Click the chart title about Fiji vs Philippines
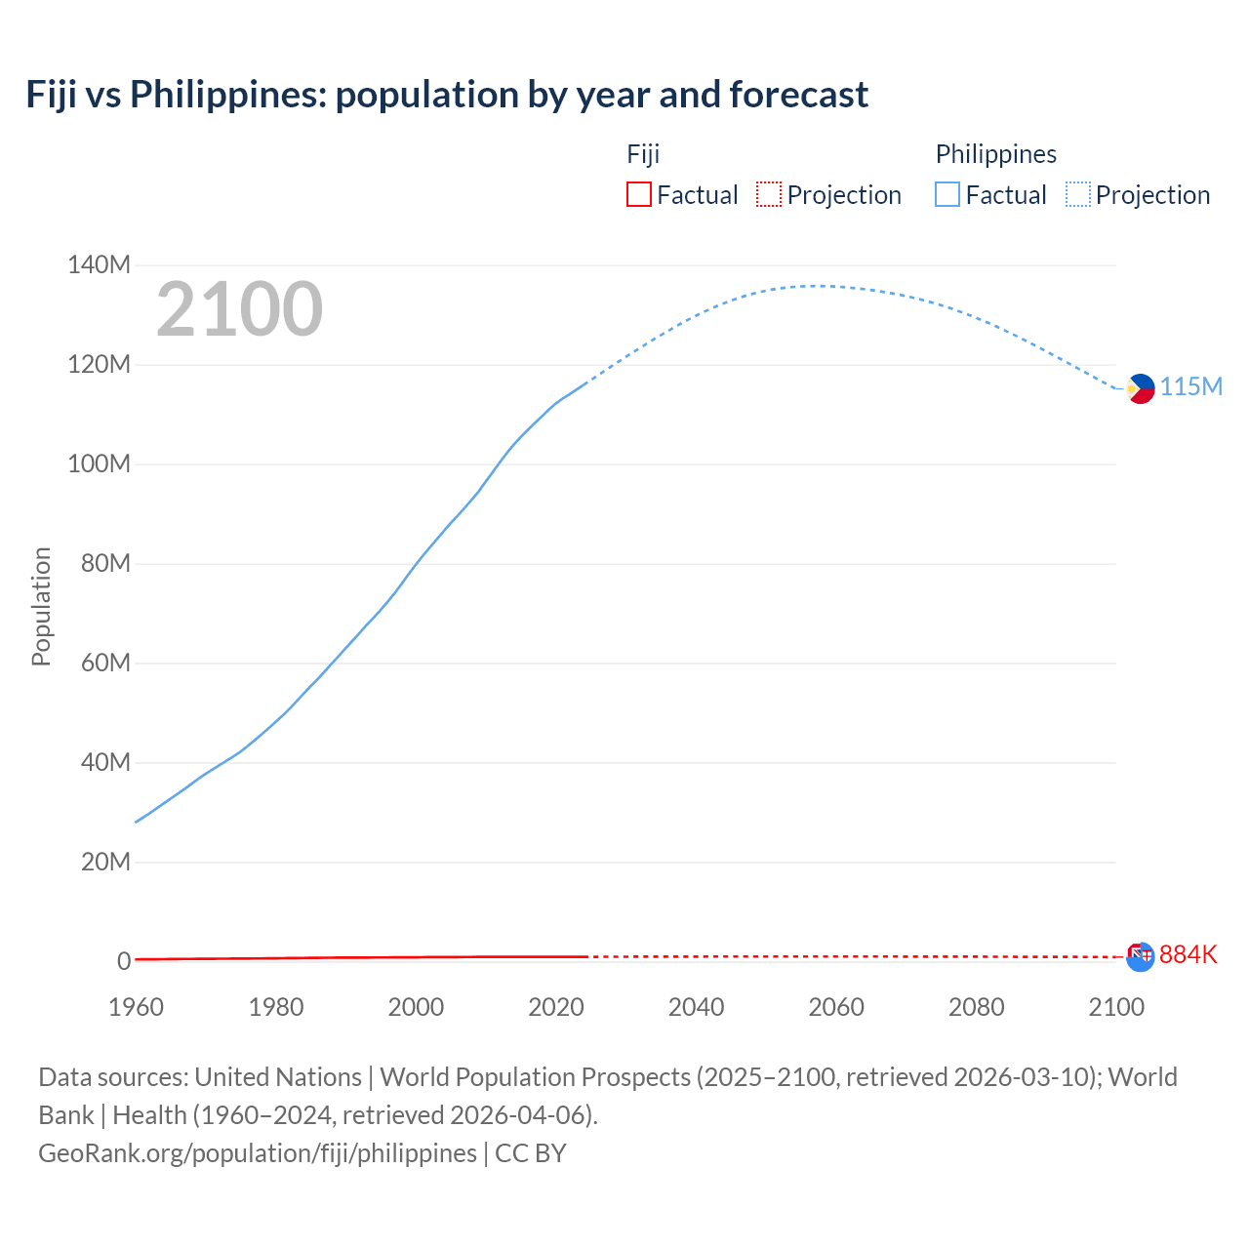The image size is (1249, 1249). click(x=447, y=95)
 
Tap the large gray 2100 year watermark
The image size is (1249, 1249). click(x=239, y=309)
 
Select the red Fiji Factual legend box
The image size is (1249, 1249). click(x=638, y=194)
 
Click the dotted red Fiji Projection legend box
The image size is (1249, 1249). click(x=769, y=194)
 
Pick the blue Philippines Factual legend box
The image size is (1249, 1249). click(x=947, y=194)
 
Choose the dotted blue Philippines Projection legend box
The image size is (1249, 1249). click(x=1077, y=194)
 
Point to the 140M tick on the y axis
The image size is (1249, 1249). click(x=99, y=264)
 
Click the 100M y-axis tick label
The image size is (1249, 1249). click(x=99, y=463)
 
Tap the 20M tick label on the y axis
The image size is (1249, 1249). click(x=105, y=862)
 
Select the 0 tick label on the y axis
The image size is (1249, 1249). click(x=124, y=961)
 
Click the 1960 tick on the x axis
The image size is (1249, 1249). click(x=136, y=1007)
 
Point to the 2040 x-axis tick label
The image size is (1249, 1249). click(x=696, y=1007)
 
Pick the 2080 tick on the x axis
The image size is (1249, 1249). click(x=976, y=1007)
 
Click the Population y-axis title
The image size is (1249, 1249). click(x=41, y=606)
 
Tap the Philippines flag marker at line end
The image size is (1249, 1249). click(x=1140, y=388)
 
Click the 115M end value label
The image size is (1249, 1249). click(x=1190, y=387)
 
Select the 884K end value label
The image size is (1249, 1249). click(x=1188, y=954)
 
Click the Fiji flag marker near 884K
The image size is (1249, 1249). click(x=1140, y=956)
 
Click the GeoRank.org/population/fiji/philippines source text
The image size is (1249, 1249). click(x=258, y=1153)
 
